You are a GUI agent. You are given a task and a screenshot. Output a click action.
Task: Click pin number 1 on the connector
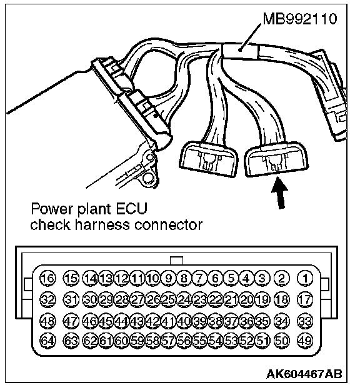305,278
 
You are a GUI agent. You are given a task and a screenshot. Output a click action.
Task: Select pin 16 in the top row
47,278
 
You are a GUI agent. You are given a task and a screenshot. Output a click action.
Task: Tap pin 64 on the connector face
47,341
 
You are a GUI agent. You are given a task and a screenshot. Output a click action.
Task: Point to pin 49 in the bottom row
305,341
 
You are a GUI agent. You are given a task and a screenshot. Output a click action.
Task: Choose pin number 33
305,321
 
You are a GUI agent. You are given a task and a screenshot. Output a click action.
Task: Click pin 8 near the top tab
184,278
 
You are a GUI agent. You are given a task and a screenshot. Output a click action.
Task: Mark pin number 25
168,299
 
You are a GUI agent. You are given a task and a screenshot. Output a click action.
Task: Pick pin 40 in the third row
184,321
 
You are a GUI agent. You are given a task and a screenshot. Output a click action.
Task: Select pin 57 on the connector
168,341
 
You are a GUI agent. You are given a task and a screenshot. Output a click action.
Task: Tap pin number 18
282,299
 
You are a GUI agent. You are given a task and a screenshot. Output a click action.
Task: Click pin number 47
71,321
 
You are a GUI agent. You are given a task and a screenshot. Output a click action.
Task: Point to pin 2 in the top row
282,278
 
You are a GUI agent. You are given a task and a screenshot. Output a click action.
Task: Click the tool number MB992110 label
300,19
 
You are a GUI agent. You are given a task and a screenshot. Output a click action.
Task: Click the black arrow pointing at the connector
280,192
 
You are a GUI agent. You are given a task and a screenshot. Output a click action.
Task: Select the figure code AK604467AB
304,374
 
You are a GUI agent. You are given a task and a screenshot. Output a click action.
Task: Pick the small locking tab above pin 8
176,261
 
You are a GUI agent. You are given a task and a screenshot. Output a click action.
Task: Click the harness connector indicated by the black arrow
276,159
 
